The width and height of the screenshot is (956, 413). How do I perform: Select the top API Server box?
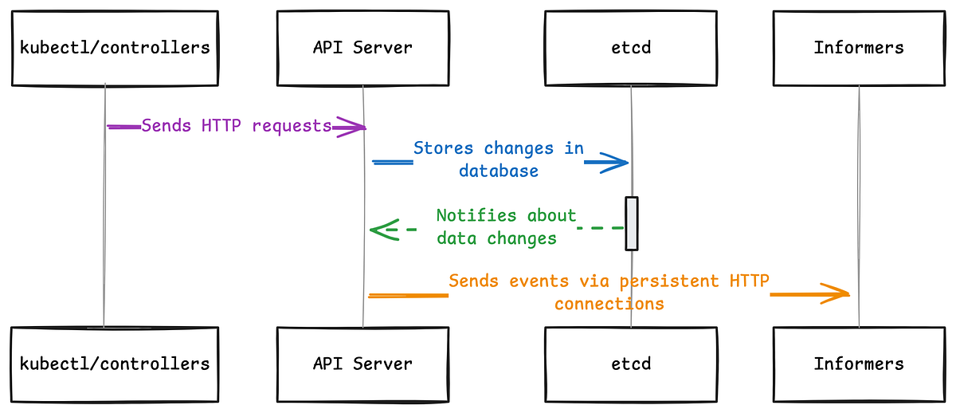(x=362, y=48)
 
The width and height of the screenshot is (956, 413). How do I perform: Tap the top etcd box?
(x=630, y=48)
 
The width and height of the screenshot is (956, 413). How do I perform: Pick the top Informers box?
(x=859, y=48)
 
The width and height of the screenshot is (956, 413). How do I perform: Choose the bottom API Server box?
(x=362, y=364)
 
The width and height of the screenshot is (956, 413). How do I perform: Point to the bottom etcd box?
(x=630, y=364)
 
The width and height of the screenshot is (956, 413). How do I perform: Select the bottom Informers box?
(x=859, y=364)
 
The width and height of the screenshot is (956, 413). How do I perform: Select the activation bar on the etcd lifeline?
(x=631, y=223)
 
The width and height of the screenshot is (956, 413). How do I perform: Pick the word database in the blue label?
(x=498, y=171)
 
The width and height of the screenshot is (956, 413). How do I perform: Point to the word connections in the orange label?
(x=609, y=304)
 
